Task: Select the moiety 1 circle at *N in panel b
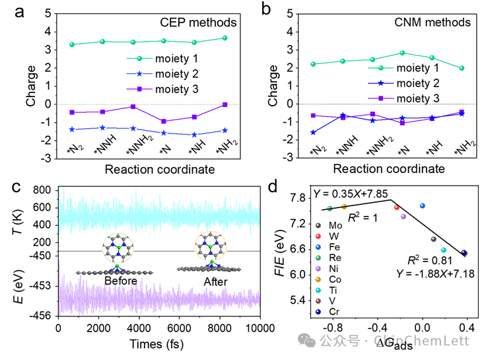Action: pos(402,53)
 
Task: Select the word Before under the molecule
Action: pos(120,281)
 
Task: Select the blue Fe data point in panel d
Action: pos(423,206)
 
